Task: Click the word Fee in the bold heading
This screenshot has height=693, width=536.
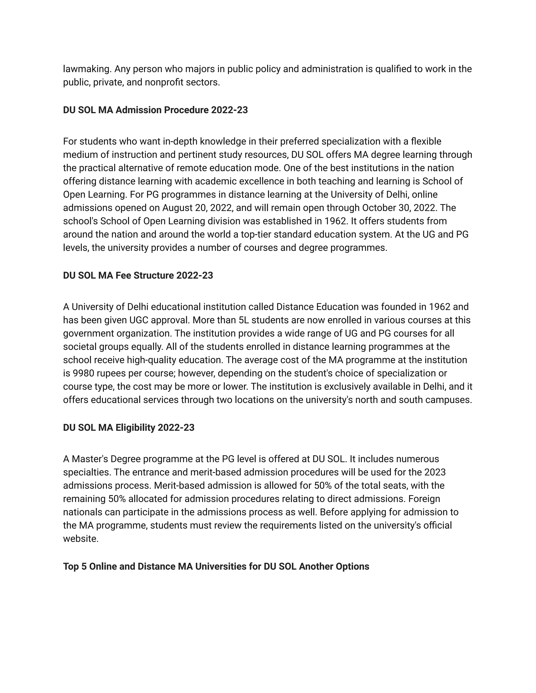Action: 123,275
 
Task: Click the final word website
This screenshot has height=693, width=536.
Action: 81,539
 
